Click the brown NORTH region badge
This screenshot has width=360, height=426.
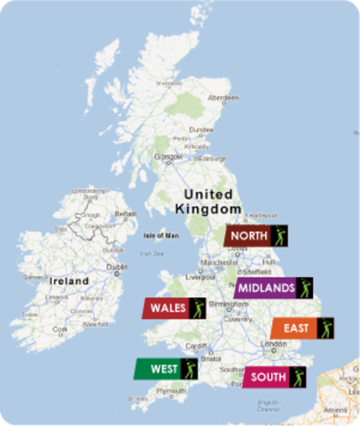[249, 236]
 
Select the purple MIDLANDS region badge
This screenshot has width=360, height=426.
[265, 288]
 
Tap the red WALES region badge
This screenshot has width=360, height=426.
[167, 308]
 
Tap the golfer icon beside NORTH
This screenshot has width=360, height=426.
[280, 236]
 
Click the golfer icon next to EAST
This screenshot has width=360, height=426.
[323, 328]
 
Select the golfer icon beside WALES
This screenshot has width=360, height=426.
[197, 308]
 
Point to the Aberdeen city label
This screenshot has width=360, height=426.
[223, 98]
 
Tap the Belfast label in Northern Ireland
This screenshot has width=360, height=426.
[126, 214]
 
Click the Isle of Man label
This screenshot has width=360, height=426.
[160, 235]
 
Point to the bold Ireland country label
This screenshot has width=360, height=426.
[69, 280]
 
